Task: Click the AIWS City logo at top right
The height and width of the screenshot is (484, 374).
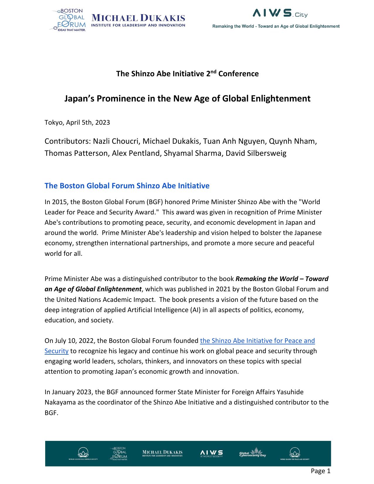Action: click(280, 13)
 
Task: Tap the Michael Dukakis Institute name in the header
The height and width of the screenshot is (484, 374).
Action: click(138, 21)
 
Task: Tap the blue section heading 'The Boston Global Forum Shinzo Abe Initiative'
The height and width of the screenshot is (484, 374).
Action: click(127, 186)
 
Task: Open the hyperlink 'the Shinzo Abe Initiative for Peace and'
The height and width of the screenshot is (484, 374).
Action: click(257, 341)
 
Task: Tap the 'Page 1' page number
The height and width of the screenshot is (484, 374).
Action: click(320, 471)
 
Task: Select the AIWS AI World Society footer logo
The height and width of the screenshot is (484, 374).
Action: click(211, 453)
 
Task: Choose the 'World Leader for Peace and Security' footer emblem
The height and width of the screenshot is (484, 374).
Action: click(295, 453)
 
